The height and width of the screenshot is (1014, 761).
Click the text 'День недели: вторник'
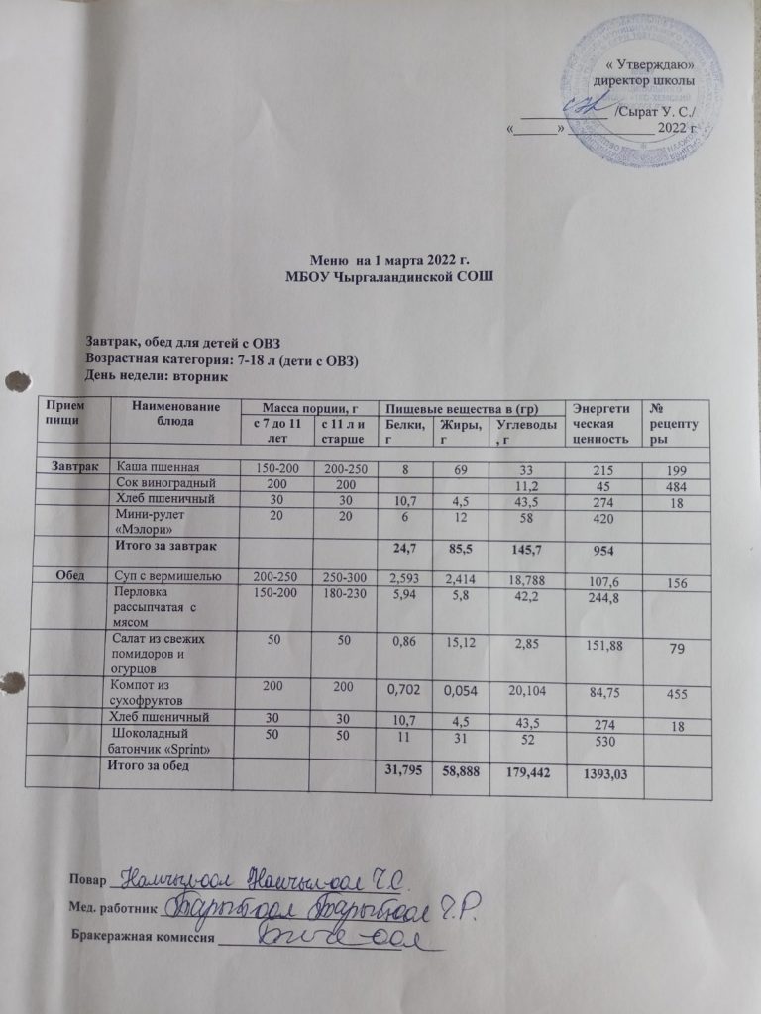click(158, 376)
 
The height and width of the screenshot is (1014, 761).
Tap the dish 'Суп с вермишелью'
click(173, 575)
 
